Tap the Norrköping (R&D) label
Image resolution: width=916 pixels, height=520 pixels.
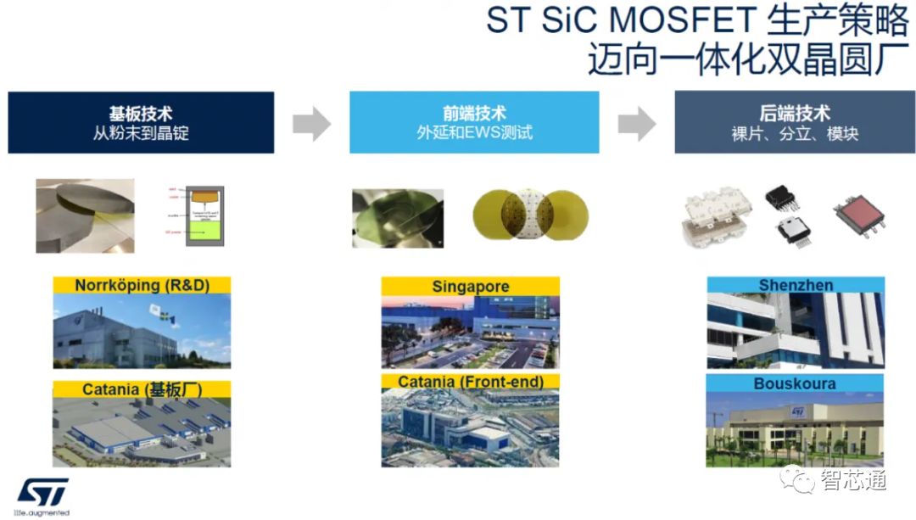tap(142, 285)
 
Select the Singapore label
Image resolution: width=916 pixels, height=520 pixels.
tap(470, 287)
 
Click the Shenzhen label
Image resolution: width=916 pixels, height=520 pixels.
tap(796, 285)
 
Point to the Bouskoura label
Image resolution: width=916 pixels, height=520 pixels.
tap(795, 383)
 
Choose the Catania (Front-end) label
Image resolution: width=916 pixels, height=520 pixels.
tap(470, 382)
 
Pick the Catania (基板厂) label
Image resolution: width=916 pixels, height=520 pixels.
tap(142, 390)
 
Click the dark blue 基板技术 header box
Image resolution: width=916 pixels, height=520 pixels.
tap(141, 123)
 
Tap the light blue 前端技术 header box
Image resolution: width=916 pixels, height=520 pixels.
tap(474, 123)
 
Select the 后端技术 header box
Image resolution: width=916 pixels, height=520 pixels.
tap(795, 123)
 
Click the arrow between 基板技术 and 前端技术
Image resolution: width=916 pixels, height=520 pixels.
tap(311, 124)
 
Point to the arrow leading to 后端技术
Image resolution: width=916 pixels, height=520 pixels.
tap(636, 124)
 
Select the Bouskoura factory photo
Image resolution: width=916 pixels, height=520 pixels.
tap(795, 429)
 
